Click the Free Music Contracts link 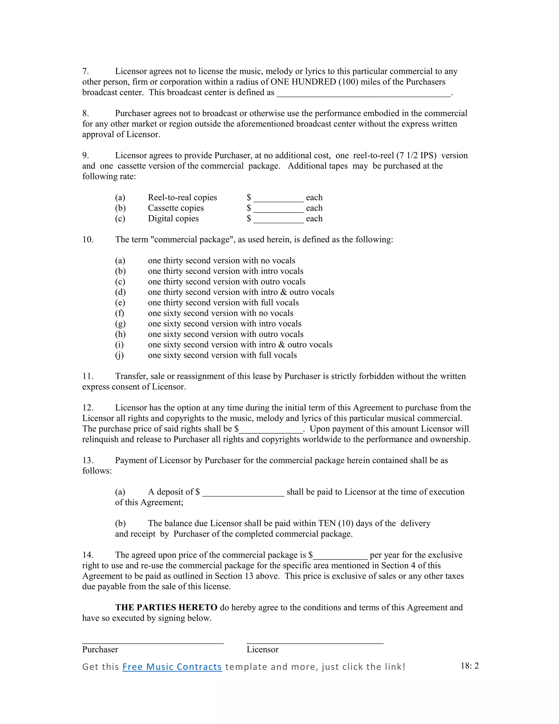[172, 667]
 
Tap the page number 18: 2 [469, 666]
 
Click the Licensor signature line [315, 643]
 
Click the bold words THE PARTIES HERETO [166, 607]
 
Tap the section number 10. [88, 239]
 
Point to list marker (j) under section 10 [120, 355]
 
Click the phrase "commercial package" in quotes [191, 239]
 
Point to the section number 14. [88, 555]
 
